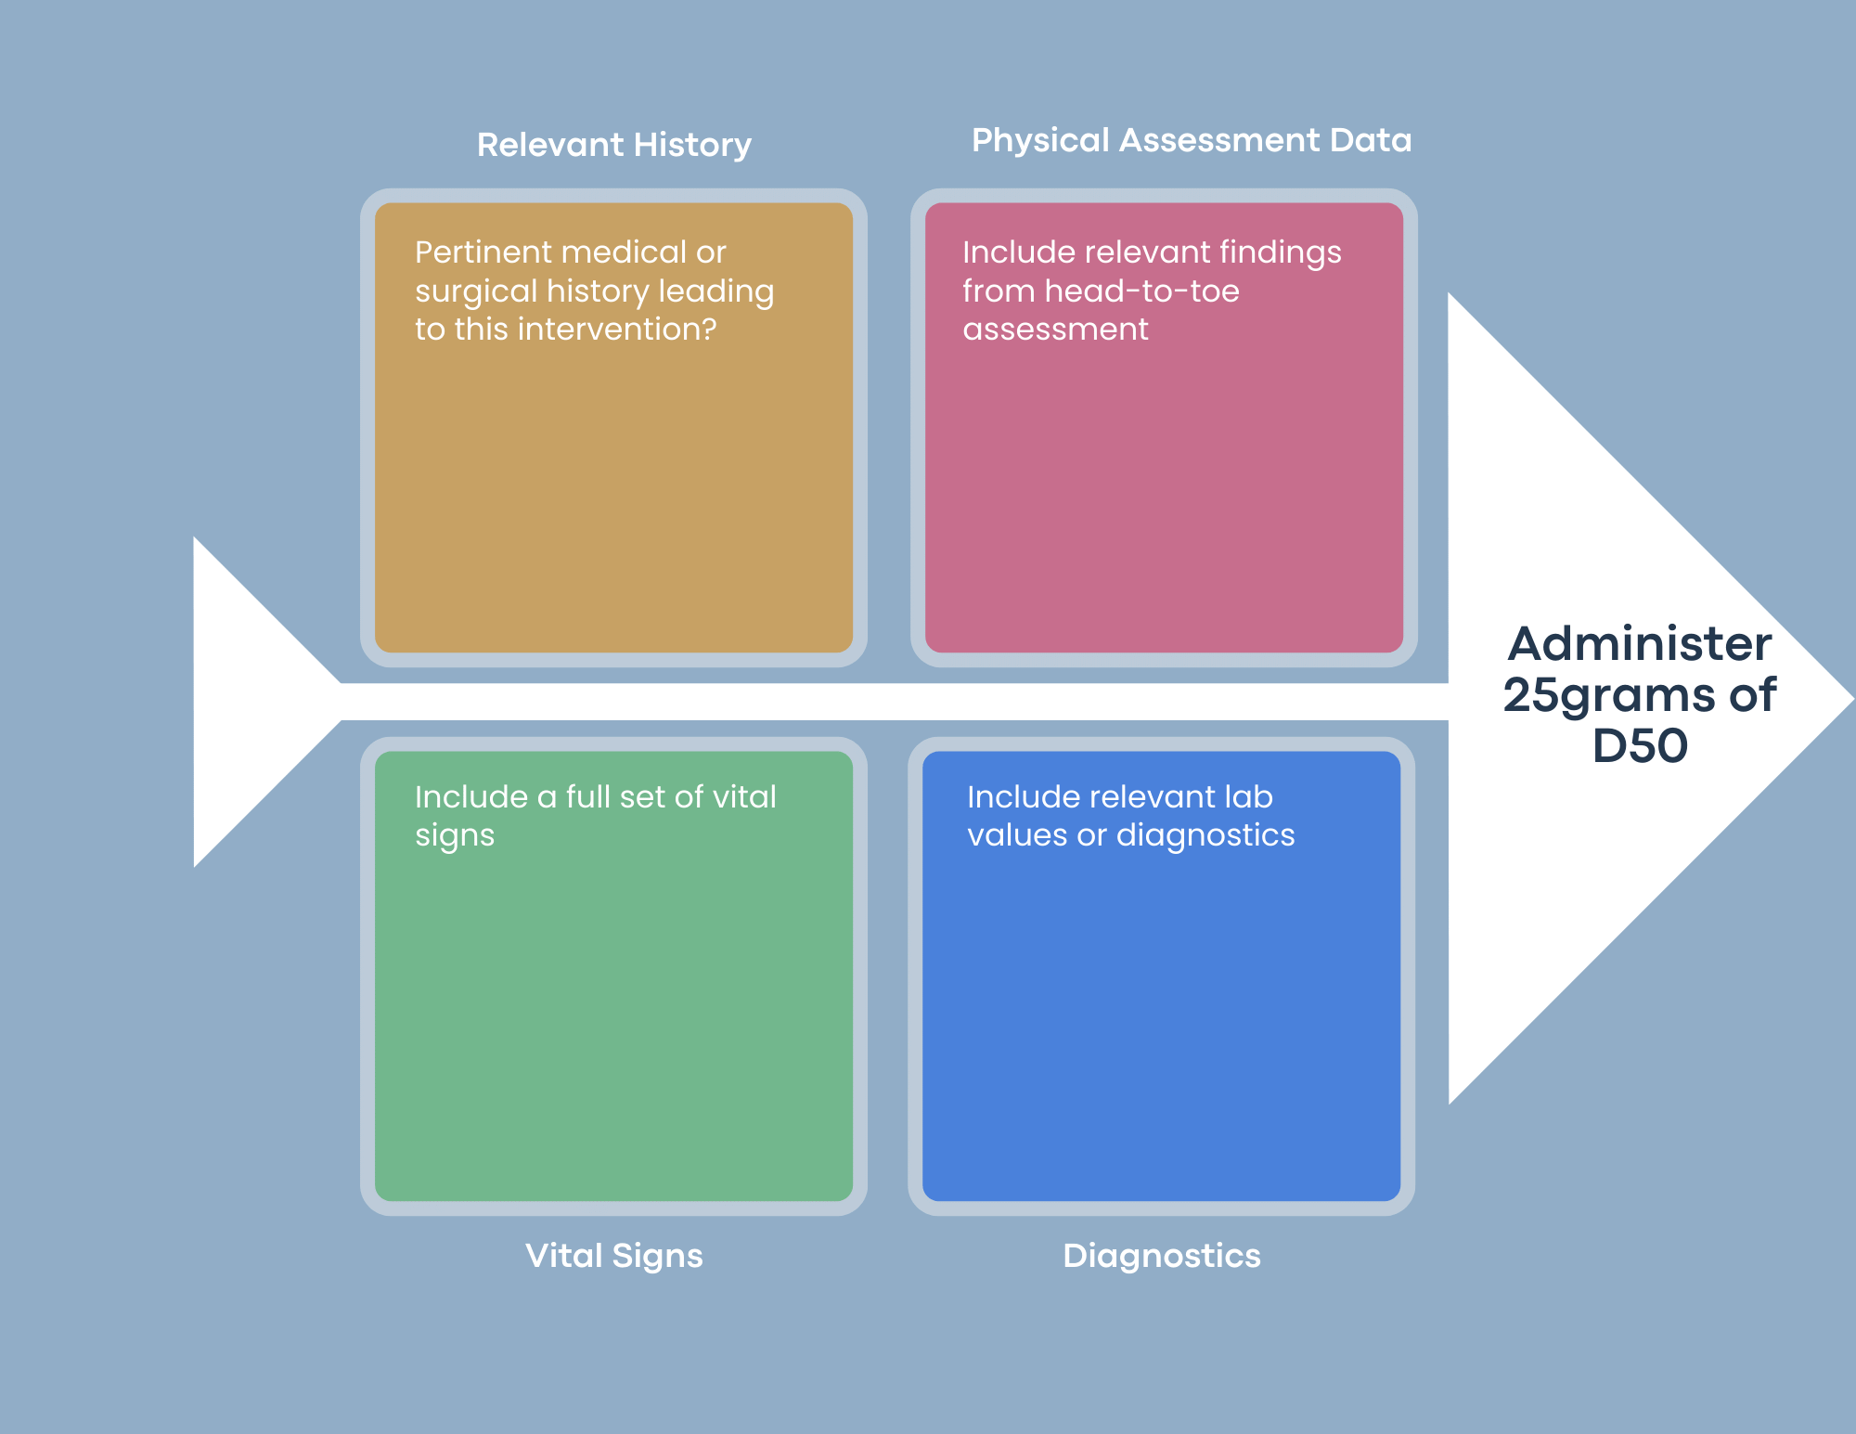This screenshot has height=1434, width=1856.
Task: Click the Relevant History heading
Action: (x=613, y=145)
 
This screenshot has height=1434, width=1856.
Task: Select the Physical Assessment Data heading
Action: (x=1191, y=140)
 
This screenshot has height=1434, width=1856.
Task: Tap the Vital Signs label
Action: (x=613, y=1256)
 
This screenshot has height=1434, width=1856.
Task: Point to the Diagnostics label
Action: (x=1161, y=1256)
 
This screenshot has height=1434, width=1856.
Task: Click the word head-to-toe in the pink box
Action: (x=1141, y=291)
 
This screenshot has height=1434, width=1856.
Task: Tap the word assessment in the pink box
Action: (x=1055, y=329)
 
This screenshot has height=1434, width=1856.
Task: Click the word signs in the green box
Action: (x=454, y=836)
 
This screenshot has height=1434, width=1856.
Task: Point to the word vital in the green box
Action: (x=743, y=797)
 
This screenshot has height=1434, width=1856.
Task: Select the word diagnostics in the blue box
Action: (x=1205, y=835)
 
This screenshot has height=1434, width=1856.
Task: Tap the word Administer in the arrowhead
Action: (x=1640, y=644)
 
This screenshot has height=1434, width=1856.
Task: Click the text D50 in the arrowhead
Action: (x=1640, y=745)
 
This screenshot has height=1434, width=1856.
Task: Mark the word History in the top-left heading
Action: (x=693, y=145)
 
